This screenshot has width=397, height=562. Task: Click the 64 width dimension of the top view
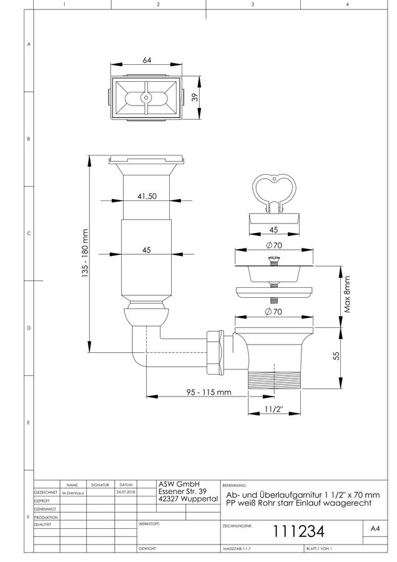pos(147,60)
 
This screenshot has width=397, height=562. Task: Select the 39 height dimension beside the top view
pos(195,97)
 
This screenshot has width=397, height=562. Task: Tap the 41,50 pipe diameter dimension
pos(147,196)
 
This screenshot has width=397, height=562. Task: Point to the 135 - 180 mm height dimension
pos(84,253)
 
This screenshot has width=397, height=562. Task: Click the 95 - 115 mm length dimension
pos(208,392)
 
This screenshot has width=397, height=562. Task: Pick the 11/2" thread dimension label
pos(274,409)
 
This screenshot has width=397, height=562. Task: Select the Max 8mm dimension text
pos(347,294)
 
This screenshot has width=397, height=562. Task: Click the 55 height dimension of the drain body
pos(336,355)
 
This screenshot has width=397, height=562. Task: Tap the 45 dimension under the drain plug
pos(273,230)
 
